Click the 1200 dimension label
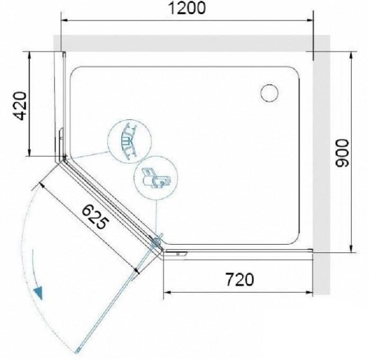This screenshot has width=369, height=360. [x=187, y=8]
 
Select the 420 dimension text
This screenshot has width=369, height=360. [x=20, y=106]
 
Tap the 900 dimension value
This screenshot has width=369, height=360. [x=341, y=153]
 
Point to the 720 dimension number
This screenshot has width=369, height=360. [x=240, y=280]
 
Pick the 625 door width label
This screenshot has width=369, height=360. [x=95, y=217]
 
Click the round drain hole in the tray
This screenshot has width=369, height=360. [x=269, y=93]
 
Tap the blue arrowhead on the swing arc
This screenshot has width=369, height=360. [x=38, y=293]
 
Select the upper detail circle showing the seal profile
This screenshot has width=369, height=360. [x=129, y=141]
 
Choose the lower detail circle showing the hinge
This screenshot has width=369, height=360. [x=156, y=178]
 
